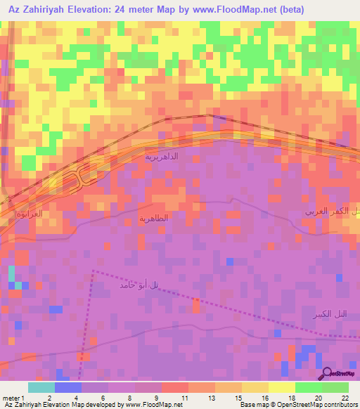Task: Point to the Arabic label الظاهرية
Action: (154, 219)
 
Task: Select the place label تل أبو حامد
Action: (136, 285)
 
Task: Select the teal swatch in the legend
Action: (41, 387)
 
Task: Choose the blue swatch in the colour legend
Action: (68, 387)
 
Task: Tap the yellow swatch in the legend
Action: (282, 387)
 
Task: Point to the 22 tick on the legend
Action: (345, 398)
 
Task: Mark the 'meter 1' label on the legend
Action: (14, 398)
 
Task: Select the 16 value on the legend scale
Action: (264, 398)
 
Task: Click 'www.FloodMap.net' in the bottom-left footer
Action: (150, 405)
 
